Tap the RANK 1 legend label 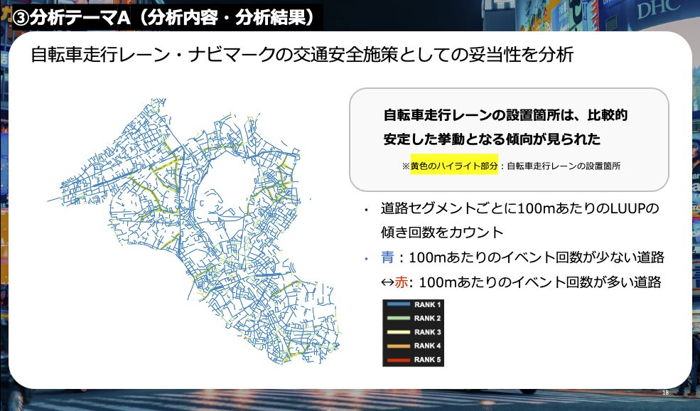[427, 304]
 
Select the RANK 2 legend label [427, 318]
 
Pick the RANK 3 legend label [427, 332]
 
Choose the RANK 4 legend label [427, 346]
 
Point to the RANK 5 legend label [427, 360]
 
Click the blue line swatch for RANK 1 [398, 304]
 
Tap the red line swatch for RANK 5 [398, 360]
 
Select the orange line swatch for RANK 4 [398, 346]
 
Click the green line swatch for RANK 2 [398, 318]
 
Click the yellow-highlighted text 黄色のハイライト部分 [454, 166]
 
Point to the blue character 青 [387, 257]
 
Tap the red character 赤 [401, 282]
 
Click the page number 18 [665, 393]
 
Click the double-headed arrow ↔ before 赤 [387, 282]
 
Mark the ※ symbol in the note [406, 166]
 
